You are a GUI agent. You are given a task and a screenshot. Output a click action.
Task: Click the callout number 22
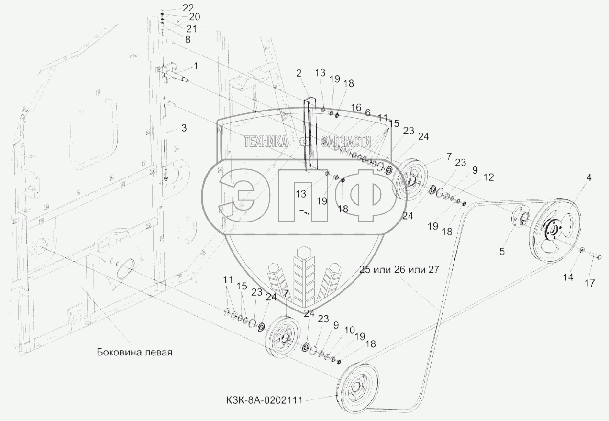pyautogui.click(x=188, y=8)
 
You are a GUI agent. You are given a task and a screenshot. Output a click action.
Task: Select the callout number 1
pyautogui.click(x=196, y=66)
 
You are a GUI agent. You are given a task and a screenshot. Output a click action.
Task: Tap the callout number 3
pyautogui.click(x=184, y=128)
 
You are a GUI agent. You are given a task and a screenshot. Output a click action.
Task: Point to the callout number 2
pyautogui.click(x=299, y=73)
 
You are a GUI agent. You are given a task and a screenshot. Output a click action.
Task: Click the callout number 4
pyautogui.click(x=588, y=177)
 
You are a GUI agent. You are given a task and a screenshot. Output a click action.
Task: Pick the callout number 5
pyautogui.click(x=502, y=252)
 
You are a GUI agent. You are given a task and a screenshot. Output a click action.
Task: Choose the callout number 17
pyautogui.click(x=590, y=283)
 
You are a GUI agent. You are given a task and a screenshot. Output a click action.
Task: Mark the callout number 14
pyautogui.click(x=568, y=277)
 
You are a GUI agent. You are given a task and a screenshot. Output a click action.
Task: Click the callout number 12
pyautogui.click(x=488, y=177)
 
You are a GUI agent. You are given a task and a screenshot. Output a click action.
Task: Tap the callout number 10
pyautogui.click(x=350, y=330)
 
